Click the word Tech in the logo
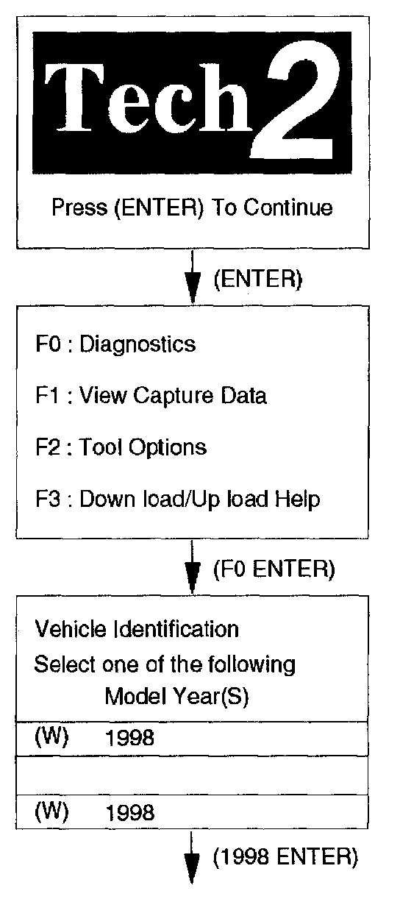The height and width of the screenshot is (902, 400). tap(149, 99)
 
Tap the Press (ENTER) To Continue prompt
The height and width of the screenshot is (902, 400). tap(193, 207)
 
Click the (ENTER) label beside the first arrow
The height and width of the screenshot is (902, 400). tap(258, 279)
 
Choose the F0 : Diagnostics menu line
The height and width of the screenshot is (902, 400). tap(116, 344)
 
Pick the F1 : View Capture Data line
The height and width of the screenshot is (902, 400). tap(151, 395)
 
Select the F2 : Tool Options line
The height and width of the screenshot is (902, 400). tap(121, 447)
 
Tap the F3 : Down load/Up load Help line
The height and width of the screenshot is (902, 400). tap(178, 500)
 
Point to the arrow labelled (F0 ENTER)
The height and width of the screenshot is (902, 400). tap(193, 567)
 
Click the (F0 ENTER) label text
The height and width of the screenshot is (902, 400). tap(274, 569)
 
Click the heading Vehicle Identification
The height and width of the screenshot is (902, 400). tap(137, 629)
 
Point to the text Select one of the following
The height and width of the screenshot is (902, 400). tap(165, 664)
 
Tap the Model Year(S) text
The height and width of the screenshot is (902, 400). tap(176, 696)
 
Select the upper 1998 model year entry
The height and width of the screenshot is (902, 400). tap(129, 738)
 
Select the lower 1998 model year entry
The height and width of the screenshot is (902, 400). tap(129, 813)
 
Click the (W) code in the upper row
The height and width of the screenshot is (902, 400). tap(52, 737)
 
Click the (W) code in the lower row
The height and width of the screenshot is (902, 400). tap(52, 812)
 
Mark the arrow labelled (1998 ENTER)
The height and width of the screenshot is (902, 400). tap(192, 857)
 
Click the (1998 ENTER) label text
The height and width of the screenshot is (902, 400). tap(285, 857)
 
